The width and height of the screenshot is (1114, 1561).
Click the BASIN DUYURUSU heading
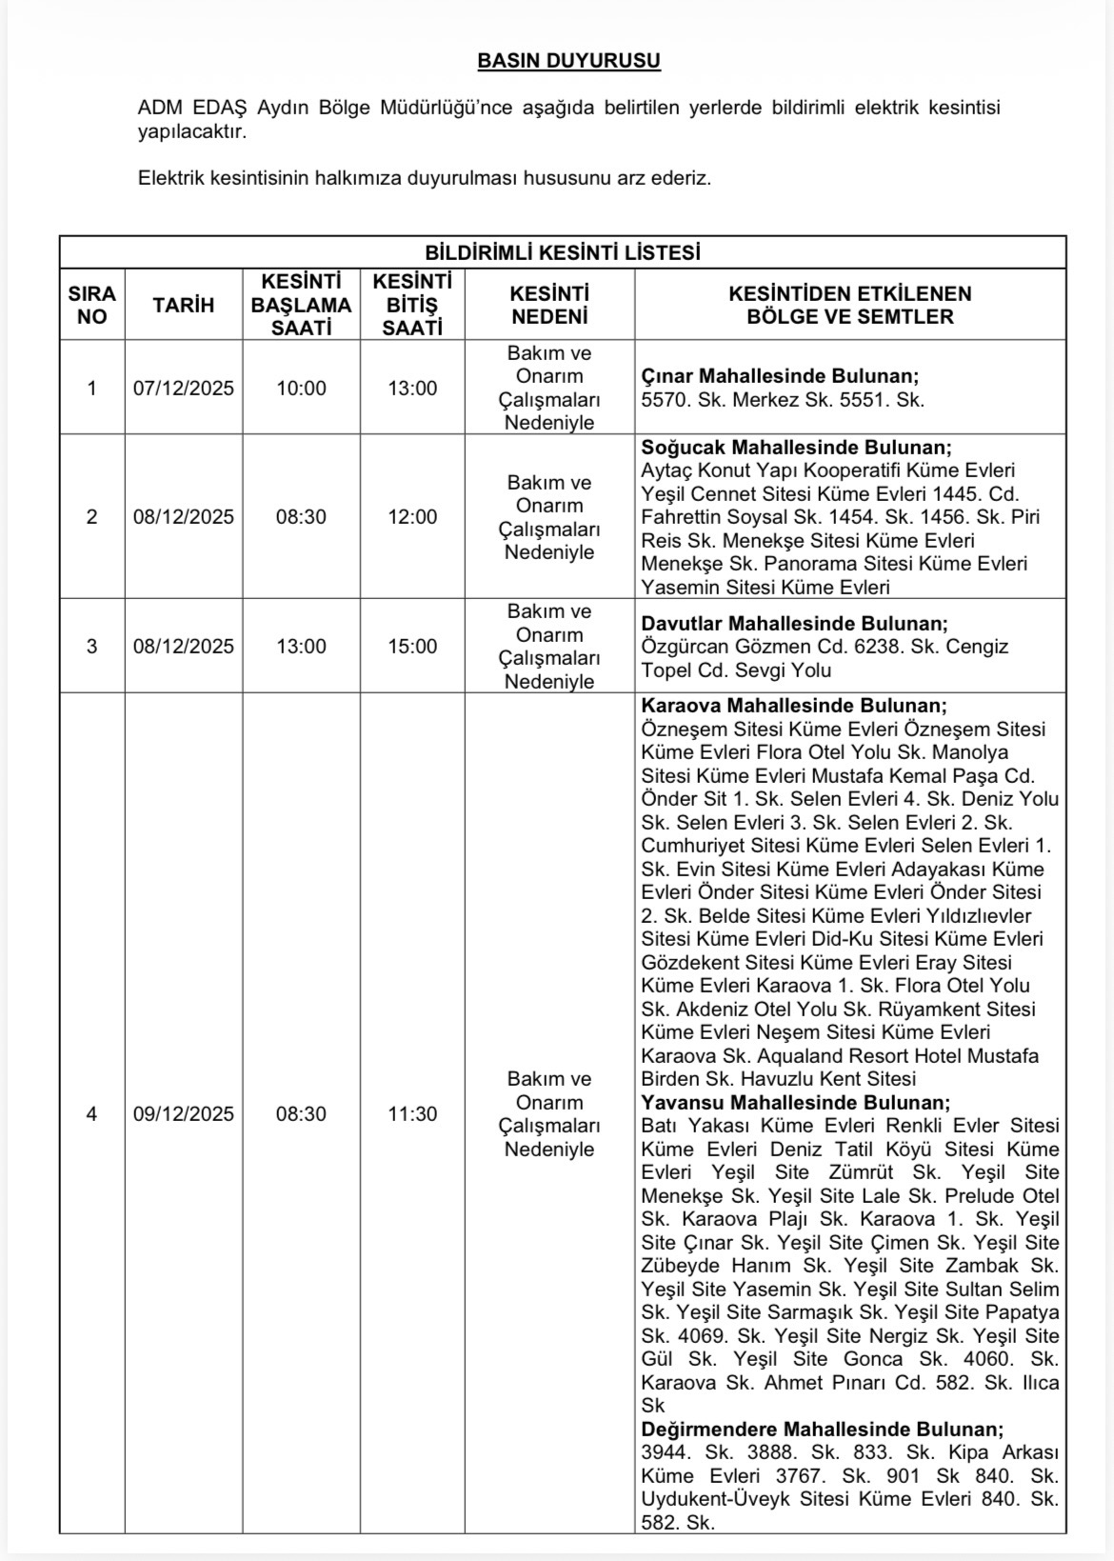click(568, 61)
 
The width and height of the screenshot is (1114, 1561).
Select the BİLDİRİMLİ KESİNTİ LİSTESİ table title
click(562, 253)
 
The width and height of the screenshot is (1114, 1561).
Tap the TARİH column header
click(184, 305)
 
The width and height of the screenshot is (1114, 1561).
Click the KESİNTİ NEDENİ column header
click(549, 305)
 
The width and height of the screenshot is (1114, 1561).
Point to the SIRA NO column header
click(91, 305)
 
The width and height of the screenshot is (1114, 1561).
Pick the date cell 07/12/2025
click(184, 389)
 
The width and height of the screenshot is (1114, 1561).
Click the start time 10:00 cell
click(301, 389)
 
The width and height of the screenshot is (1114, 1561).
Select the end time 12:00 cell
click(412, 517)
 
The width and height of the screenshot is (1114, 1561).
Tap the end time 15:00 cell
click(412, 647)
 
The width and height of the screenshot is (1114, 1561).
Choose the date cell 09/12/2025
click(184, 1114)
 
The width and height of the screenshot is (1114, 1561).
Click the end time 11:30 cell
click(412, 1114)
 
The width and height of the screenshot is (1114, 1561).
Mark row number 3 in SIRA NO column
click(91, 647)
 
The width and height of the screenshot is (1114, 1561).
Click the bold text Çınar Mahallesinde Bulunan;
click(780, 376)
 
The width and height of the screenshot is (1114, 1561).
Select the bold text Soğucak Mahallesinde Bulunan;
click(796, 448)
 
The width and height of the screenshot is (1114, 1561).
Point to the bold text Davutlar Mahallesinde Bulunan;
click(794, 624)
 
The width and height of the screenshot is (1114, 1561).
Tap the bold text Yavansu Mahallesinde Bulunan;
click(795, 1103)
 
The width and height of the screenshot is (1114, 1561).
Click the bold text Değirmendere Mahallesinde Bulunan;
click(822, 1430)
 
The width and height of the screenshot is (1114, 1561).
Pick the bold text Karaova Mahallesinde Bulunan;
click(794, 706)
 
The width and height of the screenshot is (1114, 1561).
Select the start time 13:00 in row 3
click(301, 647)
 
